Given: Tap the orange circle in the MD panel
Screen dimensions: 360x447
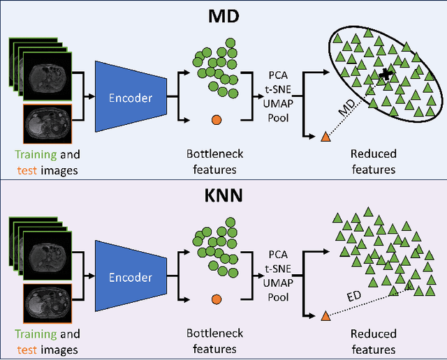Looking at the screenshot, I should click(216, 119).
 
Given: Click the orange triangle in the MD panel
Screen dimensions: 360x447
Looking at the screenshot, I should click(325, 137).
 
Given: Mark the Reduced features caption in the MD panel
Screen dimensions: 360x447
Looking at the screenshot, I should click(374, 160).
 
